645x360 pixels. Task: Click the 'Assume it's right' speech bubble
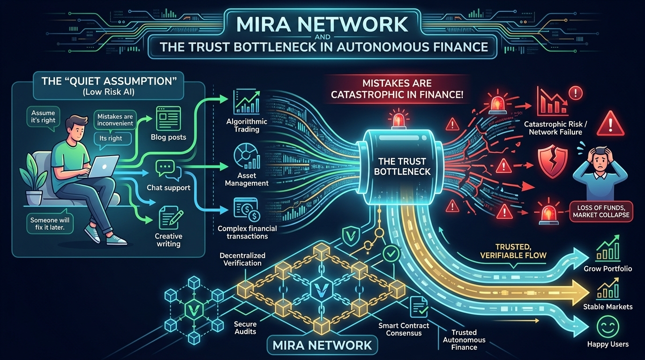(43, 116)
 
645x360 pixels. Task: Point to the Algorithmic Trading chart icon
(246, 103)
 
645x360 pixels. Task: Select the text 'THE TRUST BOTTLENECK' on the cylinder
(404, 166)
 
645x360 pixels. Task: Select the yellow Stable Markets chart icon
(607, 288)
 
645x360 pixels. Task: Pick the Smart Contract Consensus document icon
(419, 307)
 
